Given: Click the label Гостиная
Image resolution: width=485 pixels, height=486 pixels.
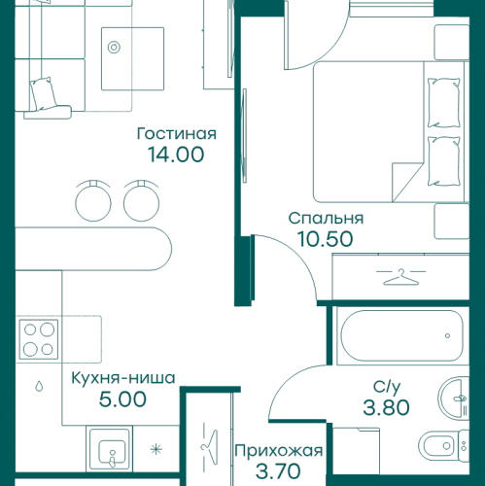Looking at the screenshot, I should (177, 133).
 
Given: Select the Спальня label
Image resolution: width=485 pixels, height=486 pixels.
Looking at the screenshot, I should (326, 218).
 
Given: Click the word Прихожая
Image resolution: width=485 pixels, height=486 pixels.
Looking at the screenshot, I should (279, 451).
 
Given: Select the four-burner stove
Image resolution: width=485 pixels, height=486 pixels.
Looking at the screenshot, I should (38, 339).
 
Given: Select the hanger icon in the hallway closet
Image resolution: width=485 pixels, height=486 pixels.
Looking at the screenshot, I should (207, 442).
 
